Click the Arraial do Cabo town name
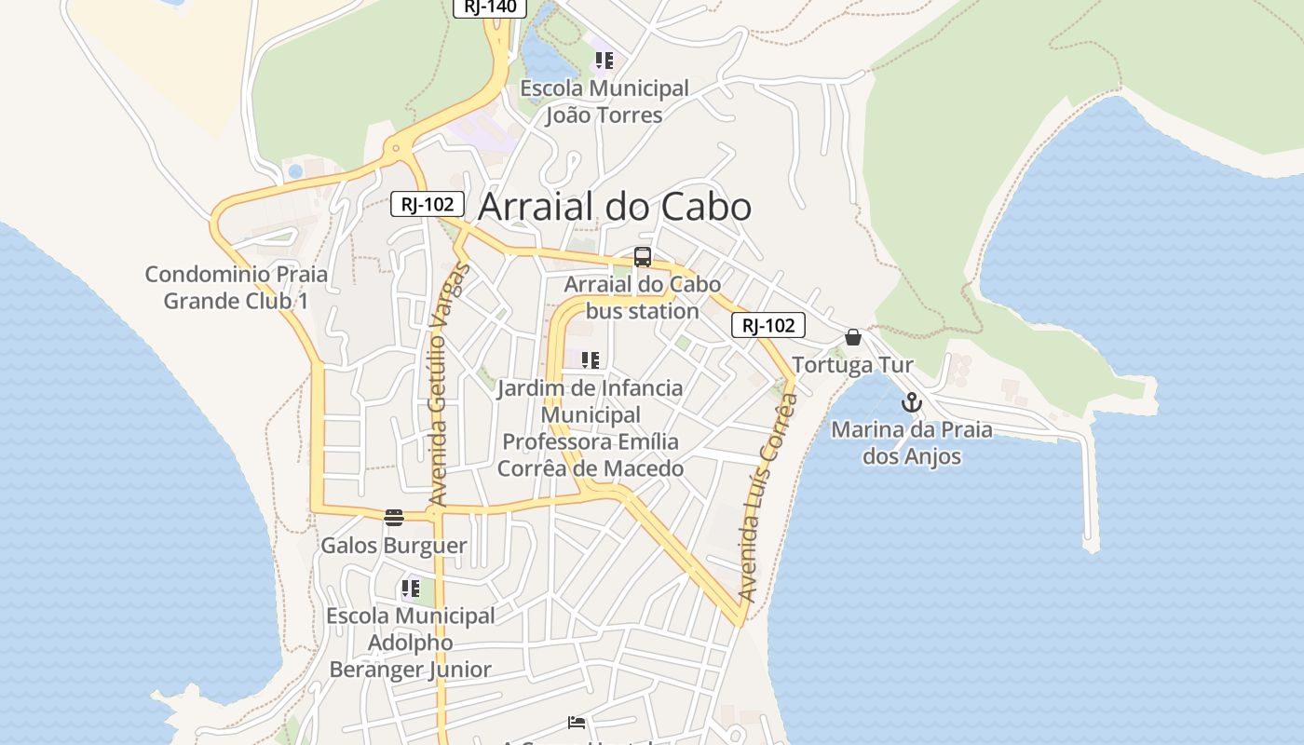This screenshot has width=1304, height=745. pyautogui.click(x=614, y=207)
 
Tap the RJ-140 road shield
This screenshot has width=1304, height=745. pyautogui.click(x=490, y=7)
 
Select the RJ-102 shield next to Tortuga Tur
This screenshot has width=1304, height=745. pyautogui.click(x=767, y=325)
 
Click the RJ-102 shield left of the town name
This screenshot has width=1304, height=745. pyautogui.click(x=427, y=204)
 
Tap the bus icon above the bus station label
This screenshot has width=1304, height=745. pyautogui.click(x=642, y=257)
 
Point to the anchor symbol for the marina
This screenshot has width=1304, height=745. pyautogui.click(x=911, y=402)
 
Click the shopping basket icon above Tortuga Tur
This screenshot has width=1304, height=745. pyautogui.click(x=852, y=337)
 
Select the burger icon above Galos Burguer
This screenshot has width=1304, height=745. pyautogui.click(x=394, y=518)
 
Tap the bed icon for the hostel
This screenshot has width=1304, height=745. pyautogui.click(x=577, y=723)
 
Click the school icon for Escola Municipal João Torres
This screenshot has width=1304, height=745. pyautogui.click(x=604, y=61)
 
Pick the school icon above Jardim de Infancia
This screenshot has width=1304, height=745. pyautogui.click(x=590, y=360)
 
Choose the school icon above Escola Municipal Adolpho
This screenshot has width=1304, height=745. pyautogui.click(x=410, y=589)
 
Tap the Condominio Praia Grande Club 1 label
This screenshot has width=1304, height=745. pyautogui.click(x=237, y=288)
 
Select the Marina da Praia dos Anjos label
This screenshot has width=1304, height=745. pyautogui.click(x=911, y=443)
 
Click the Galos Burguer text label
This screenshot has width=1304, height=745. pyautogui.click(x=393, y=545)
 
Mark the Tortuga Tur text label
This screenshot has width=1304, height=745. pyautogui.click(x=852, y=364)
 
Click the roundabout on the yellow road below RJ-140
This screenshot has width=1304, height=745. pyautogui.click(x=397, y=148)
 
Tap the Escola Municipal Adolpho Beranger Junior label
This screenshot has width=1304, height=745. pyautogui.click(x=410, y=643)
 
